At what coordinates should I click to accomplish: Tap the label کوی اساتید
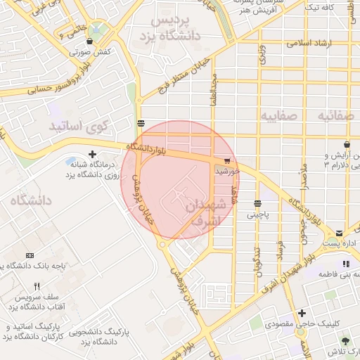78,127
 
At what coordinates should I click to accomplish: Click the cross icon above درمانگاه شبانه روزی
92,154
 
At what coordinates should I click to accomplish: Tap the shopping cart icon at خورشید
226,160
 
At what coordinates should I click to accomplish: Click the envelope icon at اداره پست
339,233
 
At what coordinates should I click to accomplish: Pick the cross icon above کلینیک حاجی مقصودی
302,313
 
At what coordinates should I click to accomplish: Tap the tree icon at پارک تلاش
345,341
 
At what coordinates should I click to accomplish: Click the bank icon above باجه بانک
29,255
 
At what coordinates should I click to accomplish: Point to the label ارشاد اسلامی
307,43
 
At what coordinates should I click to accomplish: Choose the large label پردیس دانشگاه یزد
176,27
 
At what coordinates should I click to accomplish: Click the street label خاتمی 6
73,30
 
